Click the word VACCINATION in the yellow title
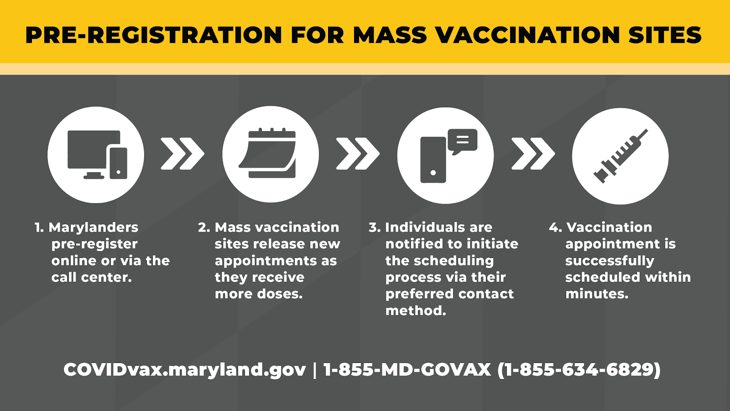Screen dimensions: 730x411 click(528, 35)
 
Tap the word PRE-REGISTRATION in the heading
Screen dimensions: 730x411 click(153, 35)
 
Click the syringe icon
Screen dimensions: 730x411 click(620, 156)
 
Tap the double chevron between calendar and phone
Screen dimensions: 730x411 click(358, 153)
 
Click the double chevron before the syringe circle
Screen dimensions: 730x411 click(533, 153)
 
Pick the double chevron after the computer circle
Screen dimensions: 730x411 click(182, 153)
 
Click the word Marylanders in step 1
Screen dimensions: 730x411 click(93, 228)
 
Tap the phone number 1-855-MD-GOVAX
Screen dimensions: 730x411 click(407, 369)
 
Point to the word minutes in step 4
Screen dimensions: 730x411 click(596, 294)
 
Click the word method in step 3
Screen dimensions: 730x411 click(416, 311)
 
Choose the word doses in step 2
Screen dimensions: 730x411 click(280, 294)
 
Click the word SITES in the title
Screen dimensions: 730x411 click(665, 35)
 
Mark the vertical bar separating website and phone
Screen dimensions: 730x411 click(314, 370)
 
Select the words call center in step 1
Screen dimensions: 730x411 click(91, 277)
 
